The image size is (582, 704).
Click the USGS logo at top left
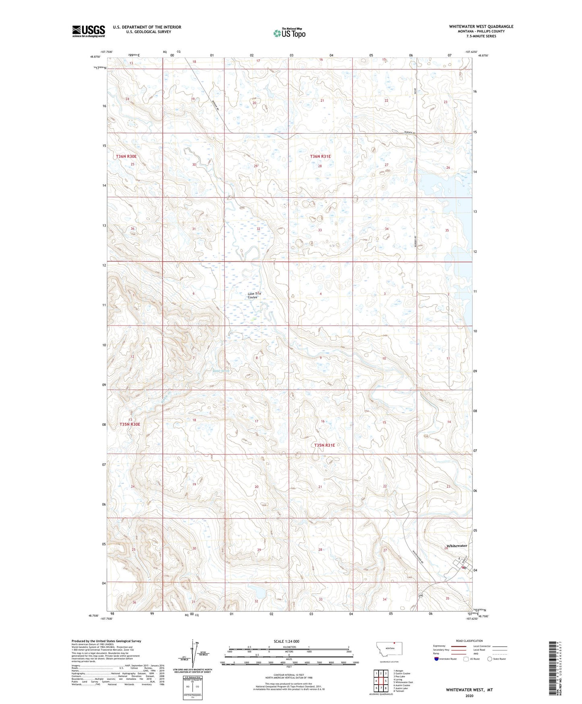pos(88,31)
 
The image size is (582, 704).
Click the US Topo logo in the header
pos(289,33)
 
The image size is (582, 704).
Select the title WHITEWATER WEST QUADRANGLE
pos(481,27)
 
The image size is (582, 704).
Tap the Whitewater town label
pos(457,546)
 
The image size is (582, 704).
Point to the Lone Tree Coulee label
pos(254,296)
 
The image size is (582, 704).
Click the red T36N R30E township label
pos(126,156)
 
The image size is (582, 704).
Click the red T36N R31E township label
pos(320,156)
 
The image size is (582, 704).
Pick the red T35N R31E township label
pos(324,445)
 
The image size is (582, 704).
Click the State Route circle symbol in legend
pos(490,659)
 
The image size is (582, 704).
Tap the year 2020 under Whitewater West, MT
pos(469,696)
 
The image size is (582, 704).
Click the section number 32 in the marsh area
pos(258,229)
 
